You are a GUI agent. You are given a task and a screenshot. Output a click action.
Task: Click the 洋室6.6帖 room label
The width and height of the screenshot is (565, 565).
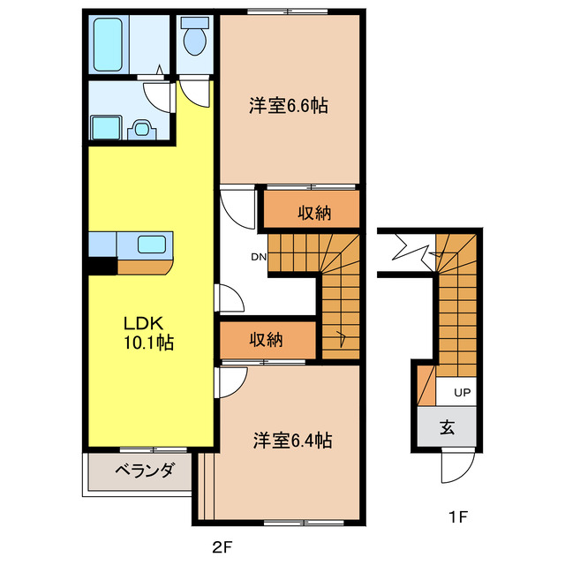pyautogui.click(x=289, y=106)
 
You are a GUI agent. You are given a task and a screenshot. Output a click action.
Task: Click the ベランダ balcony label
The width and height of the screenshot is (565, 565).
pyautogui.click(x=143, y=470)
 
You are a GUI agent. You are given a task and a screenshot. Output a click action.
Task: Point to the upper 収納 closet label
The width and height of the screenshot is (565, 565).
pyautogui.click(x=313, y=212)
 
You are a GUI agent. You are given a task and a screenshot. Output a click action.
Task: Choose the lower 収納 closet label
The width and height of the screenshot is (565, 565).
pyautogui.click(x=266, y=340)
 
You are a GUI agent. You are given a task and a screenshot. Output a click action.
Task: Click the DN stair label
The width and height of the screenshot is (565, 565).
pyautogui.click(x=258, y=258)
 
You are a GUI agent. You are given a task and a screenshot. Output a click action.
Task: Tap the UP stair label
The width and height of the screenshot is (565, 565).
pyautogui.click(x=462, y=392)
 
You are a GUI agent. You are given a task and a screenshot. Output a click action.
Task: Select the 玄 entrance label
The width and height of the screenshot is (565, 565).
pyautogui.click(x=448, y=428)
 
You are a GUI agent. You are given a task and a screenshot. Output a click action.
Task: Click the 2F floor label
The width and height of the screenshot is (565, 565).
pyautogui.click(x=222, y=546)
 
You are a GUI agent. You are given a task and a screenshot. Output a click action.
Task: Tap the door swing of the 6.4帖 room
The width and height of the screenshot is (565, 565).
pyautogui.click(x=230, y=381)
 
